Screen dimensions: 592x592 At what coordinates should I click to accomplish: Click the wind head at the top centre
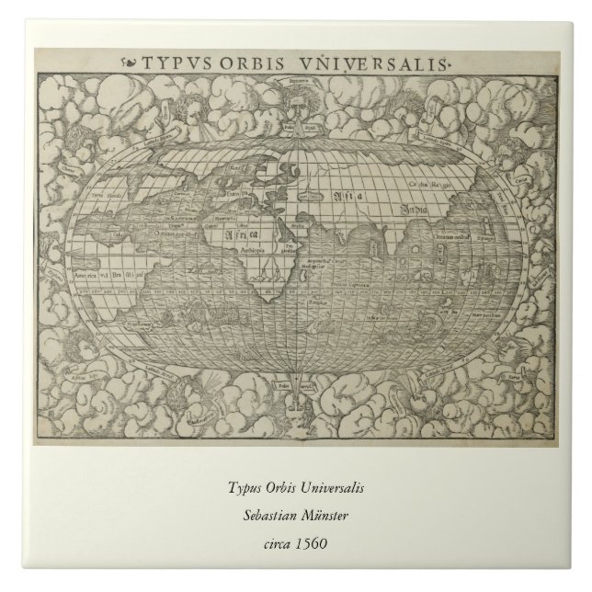click(x=296, y=110)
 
